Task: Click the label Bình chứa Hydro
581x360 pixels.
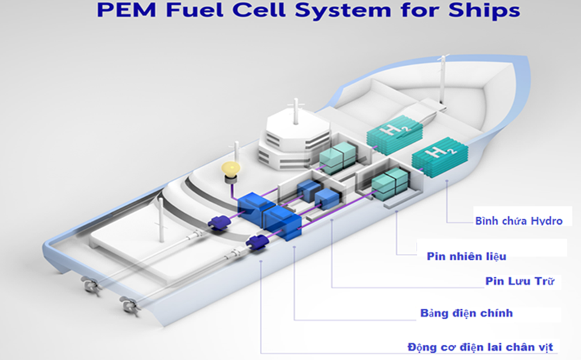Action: tap(519, 221)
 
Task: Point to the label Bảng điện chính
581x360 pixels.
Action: tap(466, 312)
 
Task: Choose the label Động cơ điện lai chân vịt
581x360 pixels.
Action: tap(480, 346)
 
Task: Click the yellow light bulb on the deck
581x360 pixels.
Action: tap(230, 168)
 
